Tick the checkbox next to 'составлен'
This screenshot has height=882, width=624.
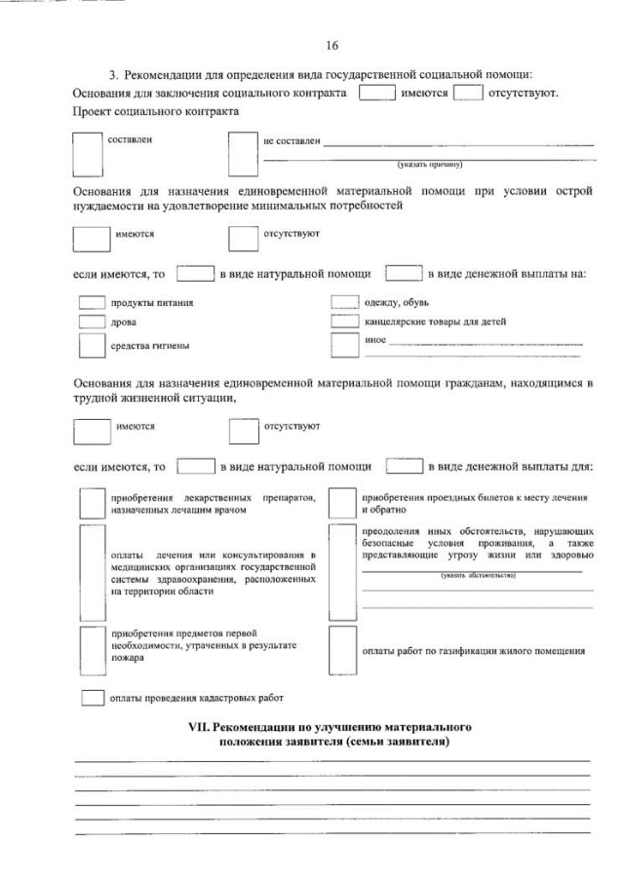tap(90, 151)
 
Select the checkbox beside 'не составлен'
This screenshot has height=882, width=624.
tap(242, 151)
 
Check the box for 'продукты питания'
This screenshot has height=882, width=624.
tap(91, 302)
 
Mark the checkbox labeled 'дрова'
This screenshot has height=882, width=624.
tap(91, 322)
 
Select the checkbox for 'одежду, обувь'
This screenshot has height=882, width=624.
tap(345, 302)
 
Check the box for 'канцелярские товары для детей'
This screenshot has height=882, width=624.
tap(345, 322)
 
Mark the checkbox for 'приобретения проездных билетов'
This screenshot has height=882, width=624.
tap(341, 503)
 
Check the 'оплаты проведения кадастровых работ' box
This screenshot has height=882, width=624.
tap(92, 698)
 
